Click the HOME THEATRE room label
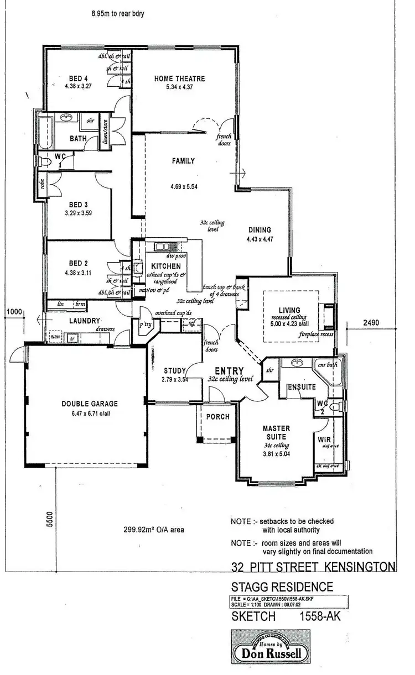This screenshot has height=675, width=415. (x=179, y=79)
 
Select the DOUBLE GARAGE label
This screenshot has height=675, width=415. (x=89, y=404)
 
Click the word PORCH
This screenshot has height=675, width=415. (x=217, y=417)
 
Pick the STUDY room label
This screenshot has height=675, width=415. (x=174, y=370)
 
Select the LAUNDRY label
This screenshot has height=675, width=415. (x=84, y=321)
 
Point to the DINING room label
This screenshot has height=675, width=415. (x=259, y=230)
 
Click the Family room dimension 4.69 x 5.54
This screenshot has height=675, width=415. (x=184, y=187)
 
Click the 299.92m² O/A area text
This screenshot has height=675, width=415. (x=153, y=529)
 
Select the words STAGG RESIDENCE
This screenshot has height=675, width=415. (x=282, y=587)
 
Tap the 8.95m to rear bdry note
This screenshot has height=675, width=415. (x=118, y=13)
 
